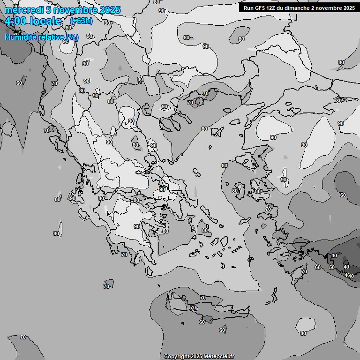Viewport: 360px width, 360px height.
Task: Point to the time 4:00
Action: click(x=15, y=21)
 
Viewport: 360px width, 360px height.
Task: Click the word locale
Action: click(x=45, y=21)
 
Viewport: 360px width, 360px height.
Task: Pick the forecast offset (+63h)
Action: click(x=81, y=21)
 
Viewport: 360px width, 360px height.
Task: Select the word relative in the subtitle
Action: click(x=52, y=37)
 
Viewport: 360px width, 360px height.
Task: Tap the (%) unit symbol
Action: click(x=72, y=37)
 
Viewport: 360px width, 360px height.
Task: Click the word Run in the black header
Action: click(x=249, y=7)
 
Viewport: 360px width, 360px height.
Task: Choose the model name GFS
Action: click(x=260, y=7)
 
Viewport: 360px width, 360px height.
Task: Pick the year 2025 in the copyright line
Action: click(x=196, y=356)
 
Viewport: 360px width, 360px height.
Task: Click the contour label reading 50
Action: click(x=332, y=267)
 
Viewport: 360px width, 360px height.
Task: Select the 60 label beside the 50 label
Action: click(x=318, y=267)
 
